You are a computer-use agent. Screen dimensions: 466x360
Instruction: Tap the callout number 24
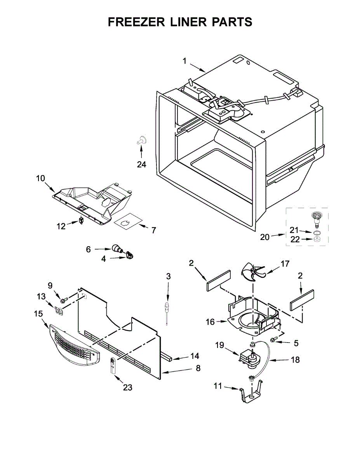[x=142, y=164]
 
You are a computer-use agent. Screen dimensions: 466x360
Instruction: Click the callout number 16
[x=210, y=322]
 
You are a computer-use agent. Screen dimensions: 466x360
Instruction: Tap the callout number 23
[x=127, y=387]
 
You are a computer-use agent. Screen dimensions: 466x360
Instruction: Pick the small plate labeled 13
[x=59, y=310]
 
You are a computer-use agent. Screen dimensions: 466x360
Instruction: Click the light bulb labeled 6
[x=116, y=249]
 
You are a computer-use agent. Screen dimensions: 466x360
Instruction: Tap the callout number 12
[x=61, y=226]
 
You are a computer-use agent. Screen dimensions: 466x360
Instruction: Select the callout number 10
[x=41, y=179]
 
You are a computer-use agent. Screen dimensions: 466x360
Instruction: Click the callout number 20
[x=264, y=236]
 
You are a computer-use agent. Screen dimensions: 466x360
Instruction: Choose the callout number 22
[x=295, y=240]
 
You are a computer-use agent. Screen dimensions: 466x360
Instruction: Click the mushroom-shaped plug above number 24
[x=142, y=140]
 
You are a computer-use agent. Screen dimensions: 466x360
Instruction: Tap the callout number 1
[x=185, y=61]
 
